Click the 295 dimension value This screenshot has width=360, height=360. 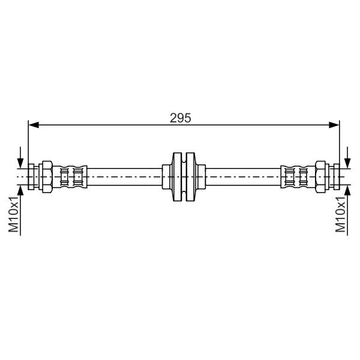coord(180,118)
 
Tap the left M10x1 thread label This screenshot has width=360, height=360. coord(14,214)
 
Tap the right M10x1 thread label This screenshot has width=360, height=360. coord(340,214)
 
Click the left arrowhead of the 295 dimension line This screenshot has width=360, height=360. coord(34,125)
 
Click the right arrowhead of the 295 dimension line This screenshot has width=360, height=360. coord(334,125)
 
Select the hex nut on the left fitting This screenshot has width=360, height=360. coord(47,177)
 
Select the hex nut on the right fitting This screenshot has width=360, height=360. coord(320,177)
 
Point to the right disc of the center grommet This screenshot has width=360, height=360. coord(191,177)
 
